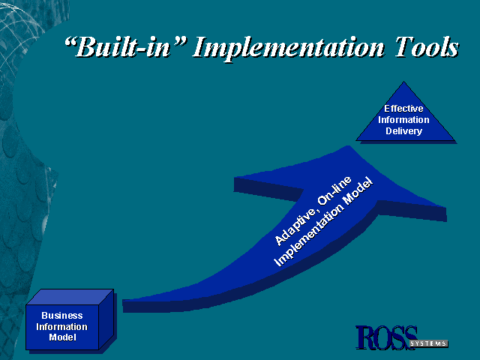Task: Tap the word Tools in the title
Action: pyautogui.click(x=427, y=46)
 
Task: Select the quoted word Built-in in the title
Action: pyautogui.click(x=125, y=46)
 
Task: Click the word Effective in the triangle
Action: pyautogui.click(x=403, y=108)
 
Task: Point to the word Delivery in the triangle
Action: pyautogui.click(x=403, y=131)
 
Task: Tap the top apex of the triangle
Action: pyautogui.click(x=403, y=82)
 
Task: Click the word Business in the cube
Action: pyautogui.click(x=62, y=315)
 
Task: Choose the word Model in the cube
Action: pyautogui.click(x=62, y=337)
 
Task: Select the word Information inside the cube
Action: pyautogui.click(x=61, y=327)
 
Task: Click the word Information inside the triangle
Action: pyautogui.click(x=403, y=120)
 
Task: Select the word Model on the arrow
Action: pyautogui.click(x=358, y=191)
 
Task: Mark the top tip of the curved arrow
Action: pyautogui.click(x=348, y=145)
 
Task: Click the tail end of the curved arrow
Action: pyautogui.click(x=123, y=306)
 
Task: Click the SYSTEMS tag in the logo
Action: pyautogui.click(x=428, y=343)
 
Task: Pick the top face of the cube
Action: pyautogui.click(x=70, y=297)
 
